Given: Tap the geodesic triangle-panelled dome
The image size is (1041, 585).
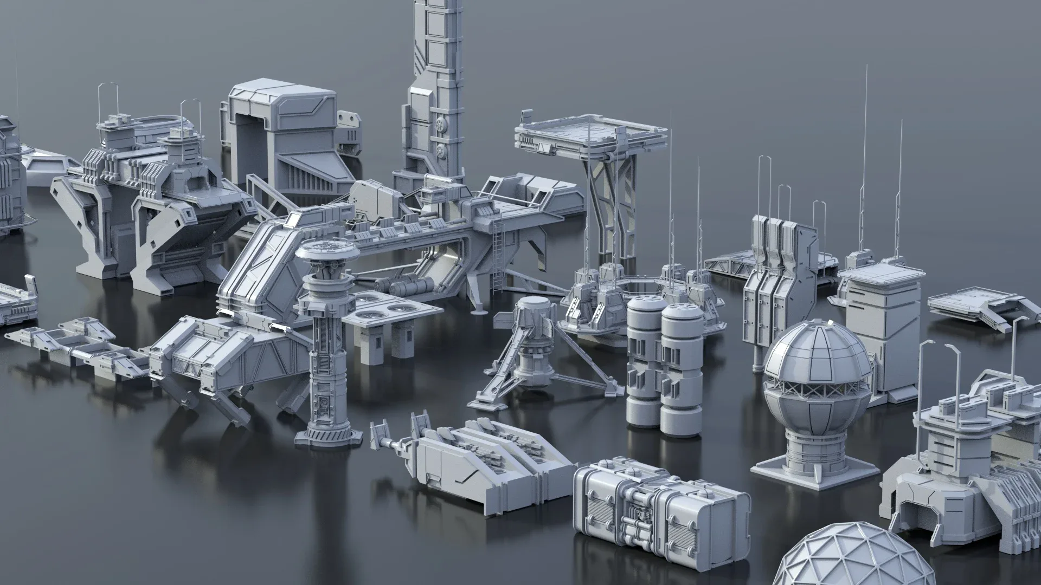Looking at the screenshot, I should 832,558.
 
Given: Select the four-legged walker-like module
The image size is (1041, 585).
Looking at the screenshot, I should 228,363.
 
